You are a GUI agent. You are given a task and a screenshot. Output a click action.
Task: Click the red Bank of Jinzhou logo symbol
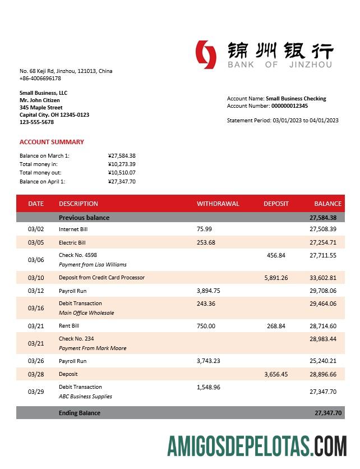(x=206, y=55)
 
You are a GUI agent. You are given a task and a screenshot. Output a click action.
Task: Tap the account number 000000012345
(x=289, y=106)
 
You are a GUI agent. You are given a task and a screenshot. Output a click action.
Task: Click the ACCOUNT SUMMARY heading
(x=52, y=142)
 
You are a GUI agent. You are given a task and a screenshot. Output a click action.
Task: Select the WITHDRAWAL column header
(x=218, y=204)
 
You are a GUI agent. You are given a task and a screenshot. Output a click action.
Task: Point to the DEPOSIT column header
(x=276, y=204)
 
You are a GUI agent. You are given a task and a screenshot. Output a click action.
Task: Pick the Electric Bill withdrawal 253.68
(x=206, y=243)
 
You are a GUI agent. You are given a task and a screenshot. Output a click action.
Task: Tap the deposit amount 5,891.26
(x=276, y=278)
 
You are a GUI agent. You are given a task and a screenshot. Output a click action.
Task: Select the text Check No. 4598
(x=78, y=255)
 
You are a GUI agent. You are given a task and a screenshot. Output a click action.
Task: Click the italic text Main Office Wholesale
(x=86, y=313)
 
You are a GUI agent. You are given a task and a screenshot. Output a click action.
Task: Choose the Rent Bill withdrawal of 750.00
(x=206, y=326)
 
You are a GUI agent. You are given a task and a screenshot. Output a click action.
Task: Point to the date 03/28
(x=35, y=374)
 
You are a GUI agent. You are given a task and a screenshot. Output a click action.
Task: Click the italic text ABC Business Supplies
(x=85, y=397)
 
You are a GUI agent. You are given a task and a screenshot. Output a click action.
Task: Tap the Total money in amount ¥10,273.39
(x=122, y=164)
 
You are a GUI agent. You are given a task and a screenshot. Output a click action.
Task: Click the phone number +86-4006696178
(x=40, y=79)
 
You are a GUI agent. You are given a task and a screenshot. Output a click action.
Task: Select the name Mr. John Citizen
(x=40, y=100)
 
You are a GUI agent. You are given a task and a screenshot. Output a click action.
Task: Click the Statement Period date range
(x=305, y=121)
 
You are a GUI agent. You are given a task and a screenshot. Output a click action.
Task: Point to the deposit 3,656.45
(x=276, y=374)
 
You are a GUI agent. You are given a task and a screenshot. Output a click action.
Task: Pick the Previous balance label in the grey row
(x=84, y=218)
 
